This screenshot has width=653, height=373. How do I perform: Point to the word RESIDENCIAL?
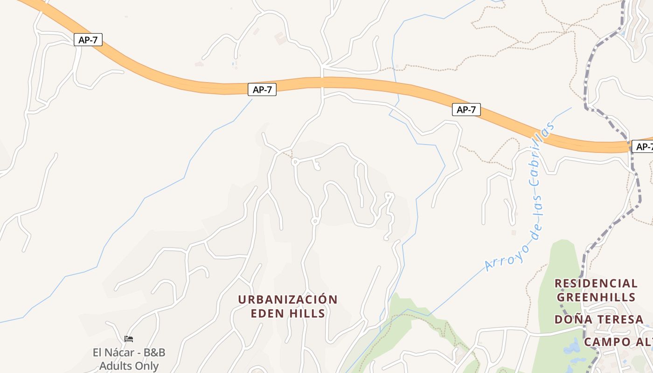(x=596, y=283)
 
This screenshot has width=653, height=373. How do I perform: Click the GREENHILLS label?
(x=596, y=297)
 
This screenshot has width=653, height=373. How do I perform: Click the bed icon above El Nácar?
(x=129, y=339)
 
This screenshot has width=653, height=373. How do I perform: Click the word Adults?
(x=115, y=366)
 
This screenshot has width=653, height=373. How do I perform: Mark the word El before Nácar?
(x=97, y=352)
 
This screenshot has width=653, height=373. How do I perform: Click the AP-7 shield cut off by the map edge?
(x=643, y=147)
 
